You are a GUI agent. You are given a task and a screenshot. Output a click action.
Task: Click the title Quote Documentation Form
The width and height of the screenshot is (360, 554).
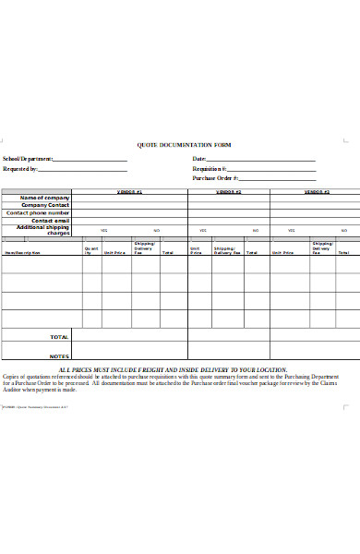tap(184, 145)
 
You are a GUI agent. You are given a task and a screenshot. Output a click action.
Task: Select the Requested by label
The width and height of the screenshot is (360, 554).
tap(21, 169)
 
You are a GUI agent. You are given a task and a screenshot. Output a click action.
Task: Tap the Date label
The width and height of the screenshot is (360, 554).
tap(198, 159)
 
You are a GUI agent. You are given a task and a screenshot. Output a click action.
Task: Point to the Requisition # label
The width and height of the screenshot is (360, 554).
tap(210, 169)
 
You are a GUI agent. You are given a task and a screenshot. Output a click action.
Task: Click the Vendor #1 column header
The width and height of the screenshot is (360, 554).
tap(130, 191)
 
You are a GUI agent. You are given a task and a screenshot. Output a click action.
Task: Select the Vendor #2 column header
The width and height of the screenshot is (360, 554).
tap(228, 191)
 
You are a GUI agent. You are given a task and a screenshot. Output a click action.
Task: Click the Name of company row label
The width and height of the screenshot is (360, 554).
tap(45, 198)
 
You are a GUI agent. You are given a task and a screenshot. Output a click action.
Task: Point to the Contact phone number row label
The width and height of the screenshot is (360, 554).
tap(39, 212)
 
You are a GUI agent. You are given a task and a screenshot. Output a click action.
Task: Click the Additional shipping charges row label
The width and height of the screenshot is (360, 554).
tap(44, 230)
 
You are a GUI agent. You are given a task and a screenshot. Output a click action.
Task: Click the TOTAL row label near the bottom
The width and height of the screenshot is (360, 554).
tap(59, 337)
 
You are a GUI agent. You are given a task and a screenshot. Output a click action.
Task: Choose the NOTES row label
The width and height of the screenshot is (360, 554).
tap(59, 355)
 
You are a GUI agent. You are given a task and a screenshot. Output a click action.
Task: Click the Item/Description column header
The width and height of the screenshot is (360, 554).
tap(22, 252)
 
